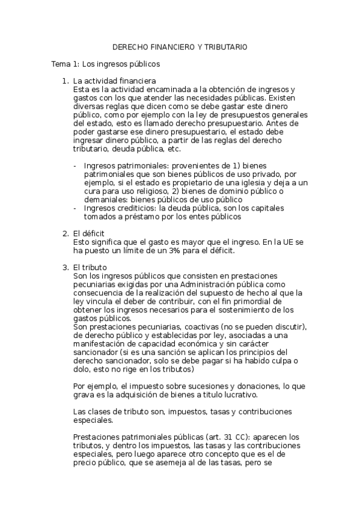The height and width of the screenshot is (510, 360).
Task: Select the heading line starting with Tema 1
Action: pos(105,62)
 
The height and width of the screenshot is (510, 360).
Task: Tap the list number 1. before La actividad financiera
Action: pos(66,81)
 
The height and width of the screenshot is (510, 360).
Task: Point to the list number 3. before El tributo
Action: pos(66,266)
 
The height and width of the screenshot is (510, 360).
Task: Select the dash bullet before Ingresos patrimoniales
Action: pos(75,165)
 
